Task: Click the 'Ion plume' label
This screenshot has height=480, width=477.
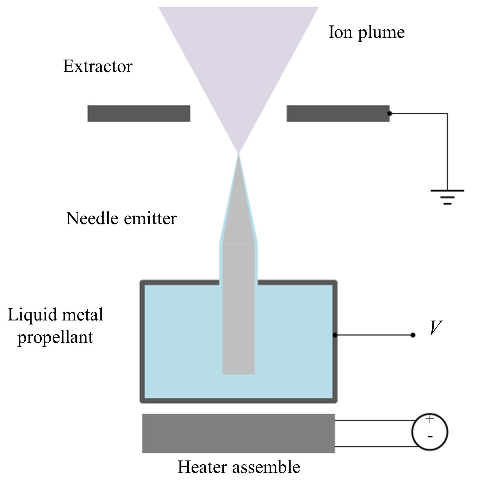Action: tap(366, 33)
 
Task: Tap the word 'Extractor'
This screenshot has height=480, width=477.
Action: tap(97, 67)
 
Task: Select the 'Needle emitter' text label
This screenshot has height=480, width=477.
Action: tap(121, 218)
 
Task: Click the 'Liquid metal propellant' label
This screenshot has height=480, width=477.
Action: tap(55, 326)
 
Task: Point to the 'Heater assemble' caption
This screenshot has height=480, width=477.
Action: tap(239, 467)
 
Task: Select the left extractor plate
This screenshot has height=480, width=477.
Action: tap(139, 114)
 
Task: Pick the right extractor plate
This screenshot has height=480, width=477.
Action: tap(338, 114)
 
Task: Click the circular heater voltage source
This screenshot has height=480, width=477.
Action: tap(430, 432)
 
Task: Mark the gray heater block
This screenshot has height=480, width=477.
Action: tap(238, 433)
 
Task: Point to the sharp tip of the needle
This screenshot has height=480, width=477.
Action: tap(238, 155)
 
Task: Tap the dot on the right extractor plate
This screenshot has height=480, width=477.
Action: tap(389, 114)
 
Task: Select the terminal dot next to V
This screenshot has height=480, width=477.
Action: tap(413, 335)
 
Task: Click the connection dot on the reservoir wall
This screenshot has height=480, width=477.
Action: tap(335, 335)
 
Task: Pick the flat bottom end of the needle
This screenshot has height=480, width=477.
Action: tap(238, 373)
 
